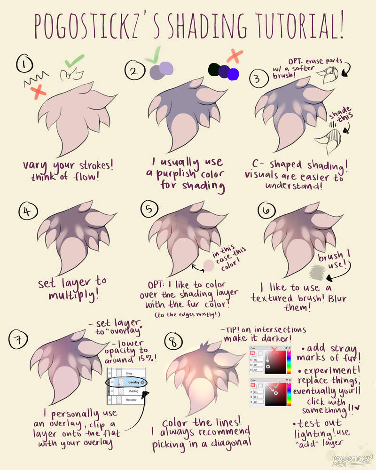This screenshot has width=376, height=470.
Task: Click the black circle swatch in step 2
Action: click(213, 70)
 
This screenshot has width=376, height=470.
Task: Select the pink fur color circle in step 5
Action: click(208, 266)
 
